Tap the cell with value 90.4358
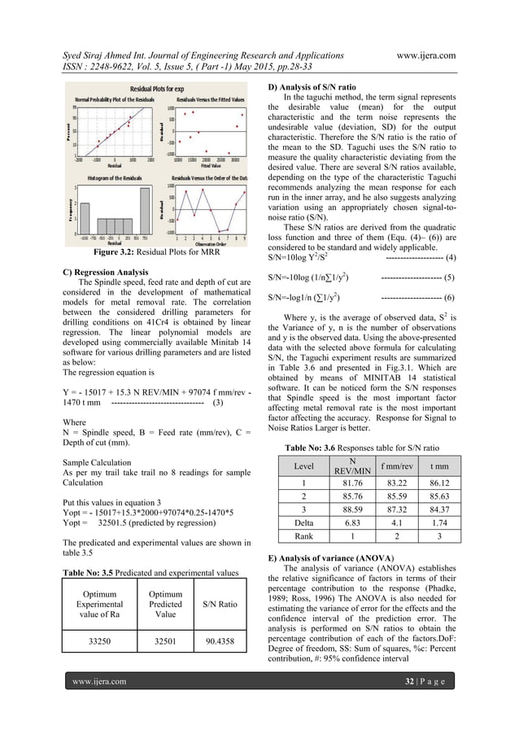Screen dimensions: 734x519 pos(220,640)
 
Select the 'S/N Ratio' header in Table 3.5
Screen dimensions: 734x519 pos(220,602)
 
